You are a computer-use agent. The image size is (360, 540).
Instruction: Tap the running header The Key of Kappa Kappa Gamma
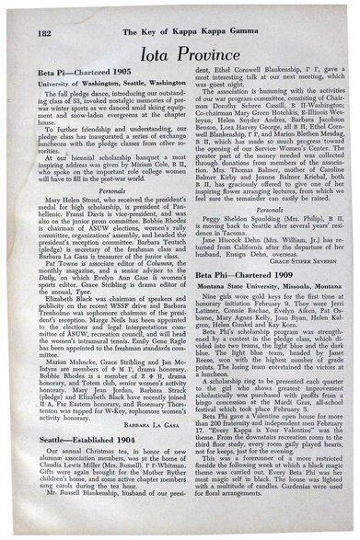180,9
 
